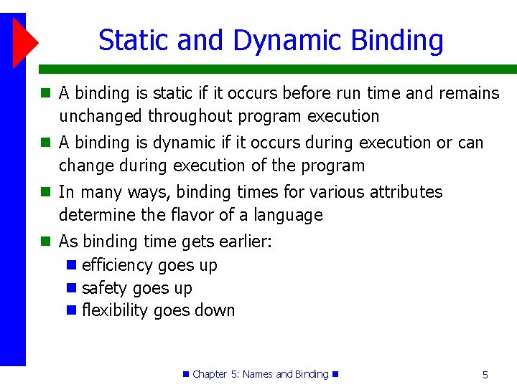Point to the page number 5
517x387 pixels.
click(x=485, y=375)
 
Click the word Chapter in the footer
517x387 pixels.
click(x=210, y=374)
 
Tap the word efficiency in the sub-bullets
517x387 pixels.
click(x=117, y=265)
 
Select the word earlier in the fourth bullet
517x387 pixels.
click(x=241, y=242)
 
